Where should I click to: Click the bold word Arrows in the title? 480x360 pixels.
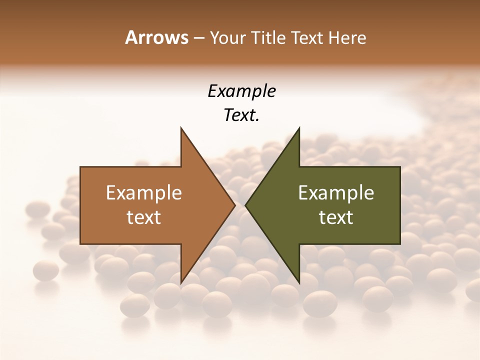[156, 37]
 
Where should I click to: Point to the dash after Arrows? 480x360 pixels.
[198, 38]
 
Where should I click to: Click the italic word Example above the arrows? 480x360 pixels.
[241, 91]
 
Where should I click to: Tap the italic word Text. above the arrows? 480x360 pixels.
[241, 115]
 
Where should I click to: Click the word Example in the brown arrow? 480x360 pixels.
[144, 193]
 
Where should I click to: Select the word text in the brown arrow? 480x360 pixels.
[144, 217]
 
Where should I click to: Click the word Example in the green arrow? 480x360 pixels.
[336, 193]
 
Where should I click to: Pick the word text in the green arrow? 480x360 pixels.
[336, 217]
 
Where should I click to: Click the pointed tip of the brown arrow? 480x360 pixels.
[234, 205]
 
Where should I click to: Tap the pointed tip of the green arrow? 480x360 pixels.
[246, 205]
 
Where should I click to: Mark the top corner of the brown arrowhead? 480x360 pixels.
[181, 128]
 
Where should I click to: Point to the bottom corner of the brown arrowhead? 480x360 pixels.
[181, 283]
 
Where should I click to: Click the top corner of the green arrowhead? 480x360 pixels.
[299, 128]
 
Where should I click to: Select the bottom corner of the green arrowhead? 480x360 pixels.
[299, 283]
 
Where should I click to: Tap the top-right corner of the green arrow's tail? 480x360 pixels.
[400, 167]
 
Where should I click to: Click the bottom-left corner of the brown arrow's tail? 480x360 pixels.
[80, 244]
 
